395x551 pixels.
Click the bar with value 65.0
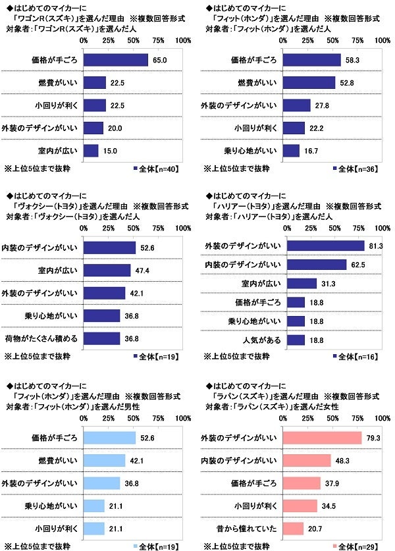point(116,60)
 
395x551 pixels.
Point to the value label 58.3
point(351,60)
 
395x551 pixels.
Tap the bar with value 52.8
point(309,82)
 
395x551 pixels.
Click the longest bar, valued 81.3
point(325,246)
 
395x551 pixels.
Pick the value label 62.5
point(356,265)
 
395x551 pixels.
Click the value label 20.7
point(314,528)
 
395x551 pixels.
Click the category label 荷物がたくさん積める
point(42,338)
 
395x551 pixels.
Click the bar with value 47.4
point(107,270)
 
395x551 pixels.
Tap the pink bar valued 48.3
point(307,460)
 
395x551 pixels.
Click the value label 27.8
point(321,105)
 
